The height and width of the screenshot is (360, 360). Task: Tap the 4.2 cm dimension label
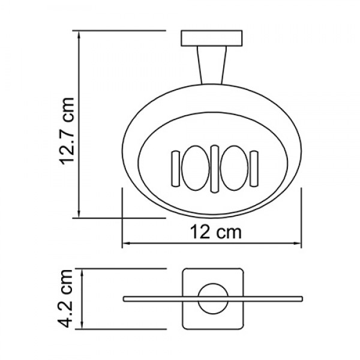click(x=67, y=299)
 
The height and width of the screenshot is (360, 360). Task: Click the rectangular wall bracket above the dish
click(x=212, y=38)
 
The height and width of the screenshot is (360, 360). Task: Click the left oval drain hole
click(x=196, y=167)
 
